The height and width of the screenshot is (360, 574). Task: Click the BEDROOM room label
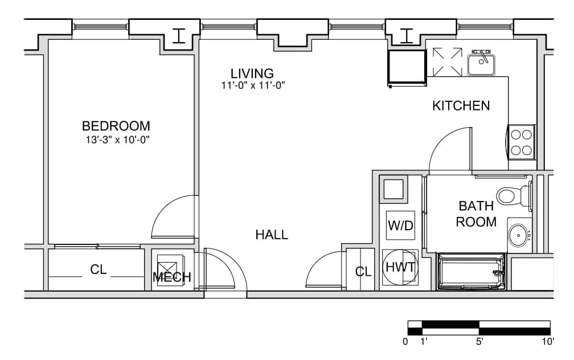pos(116,126)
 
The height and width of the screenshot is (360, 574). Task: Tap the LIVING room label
pos(252,73)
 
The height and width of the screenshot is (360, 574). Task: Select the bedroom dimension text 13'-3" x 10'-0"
pos(118,140)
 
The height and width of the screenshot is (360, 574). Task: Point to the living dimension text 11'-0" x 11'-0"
pos(253,85)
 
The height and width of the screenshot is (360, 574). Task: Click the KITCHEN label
pos(461,106)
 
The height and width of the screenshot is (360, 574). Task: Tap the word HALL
pos(272,235)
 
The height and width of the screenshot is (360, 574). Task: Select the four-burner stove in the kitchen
pos(521,142)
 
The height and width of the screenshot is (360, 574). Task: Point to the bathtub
pos(471,271)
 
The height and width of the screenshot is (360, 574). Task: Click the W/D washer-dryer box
pos(400,225)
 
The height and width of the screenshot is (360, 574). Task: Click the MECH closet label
pos(172,277)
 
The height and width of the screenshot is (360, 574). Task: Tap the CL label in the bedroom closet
pos(98,270)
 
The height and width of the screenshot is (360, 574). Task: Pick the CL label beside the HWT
pos(363,272)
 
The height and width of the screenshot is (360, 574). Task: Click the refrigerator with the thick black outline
pos(407,68)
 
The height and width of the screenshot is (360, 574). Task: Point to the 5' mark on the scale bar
pos(479,342)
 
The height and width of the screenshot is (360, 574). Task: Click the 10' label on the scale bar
pos(548,342)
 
